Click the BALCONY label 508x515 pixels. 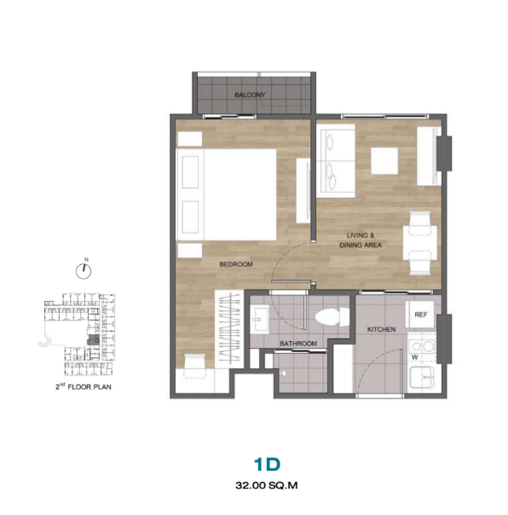coord(250,95)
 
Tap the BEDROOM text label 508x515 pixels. coord(236,264)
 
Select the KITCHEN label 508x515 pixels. coord(381,329)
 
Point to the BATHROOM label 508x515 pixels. coord(298,344)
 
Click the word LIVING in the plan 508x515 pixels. coord(357,235)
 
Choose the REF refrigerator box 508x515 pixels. coord(420,315)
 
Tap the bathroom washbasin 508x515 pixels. coord(260,319)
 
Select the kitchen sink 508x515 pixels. coord(422,377)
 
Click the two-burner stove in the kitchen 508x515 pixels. coord(422,346)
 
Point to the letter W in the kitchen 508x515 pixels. coord(415,357)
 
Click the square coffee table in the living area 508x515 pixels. coord(384,160)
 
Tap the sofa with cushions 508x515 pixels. coord(336,161)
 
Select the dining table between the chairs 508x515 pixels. coord(420,243)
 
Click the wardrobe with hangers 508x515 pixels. coord(229,329)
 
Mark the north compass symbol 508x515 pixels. coord(84,271)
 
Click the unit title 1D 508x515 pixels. coord(267,464)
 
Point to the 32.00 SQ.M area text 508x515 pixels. coord(267,485)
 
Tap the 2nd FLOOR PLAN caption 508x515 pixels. coord(84,386)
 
